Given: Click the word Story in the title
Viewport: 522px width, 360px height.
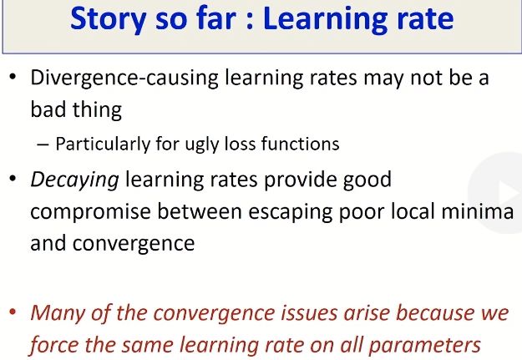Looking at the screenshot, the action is pos(109,20).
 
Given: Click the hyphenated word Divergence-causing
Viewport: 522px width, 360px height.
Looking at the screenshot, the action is pos(124,79).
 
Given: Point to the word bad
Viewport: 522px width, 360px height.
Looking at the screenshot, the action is pos(48,109).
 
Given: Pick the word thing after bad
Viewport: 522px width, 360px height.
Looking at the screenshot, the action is pos(97,110).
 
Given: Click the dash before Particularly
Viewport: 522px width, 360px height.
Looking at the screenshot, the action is pos(43,145).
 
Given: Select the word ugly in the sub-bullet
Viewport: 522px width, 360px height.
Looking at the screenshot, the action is pos(201,145).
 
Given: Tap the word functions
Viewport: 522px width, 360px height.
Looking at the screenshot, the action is pos(300,144).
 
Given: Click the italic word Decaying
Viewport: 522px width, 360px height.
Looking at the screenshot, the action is pos(74,180).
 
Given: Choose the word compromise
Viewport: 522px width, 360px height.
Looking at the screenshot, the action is pos(90,212).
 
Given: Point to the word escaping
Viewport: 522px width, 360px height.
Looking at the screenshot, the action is pos(290,212).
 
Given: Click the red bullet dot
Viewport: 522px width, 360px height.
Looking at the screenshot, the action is pos(13,312).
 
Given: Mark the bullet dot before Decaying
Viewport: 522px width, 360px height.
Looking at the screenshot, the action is pos(13,179).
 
